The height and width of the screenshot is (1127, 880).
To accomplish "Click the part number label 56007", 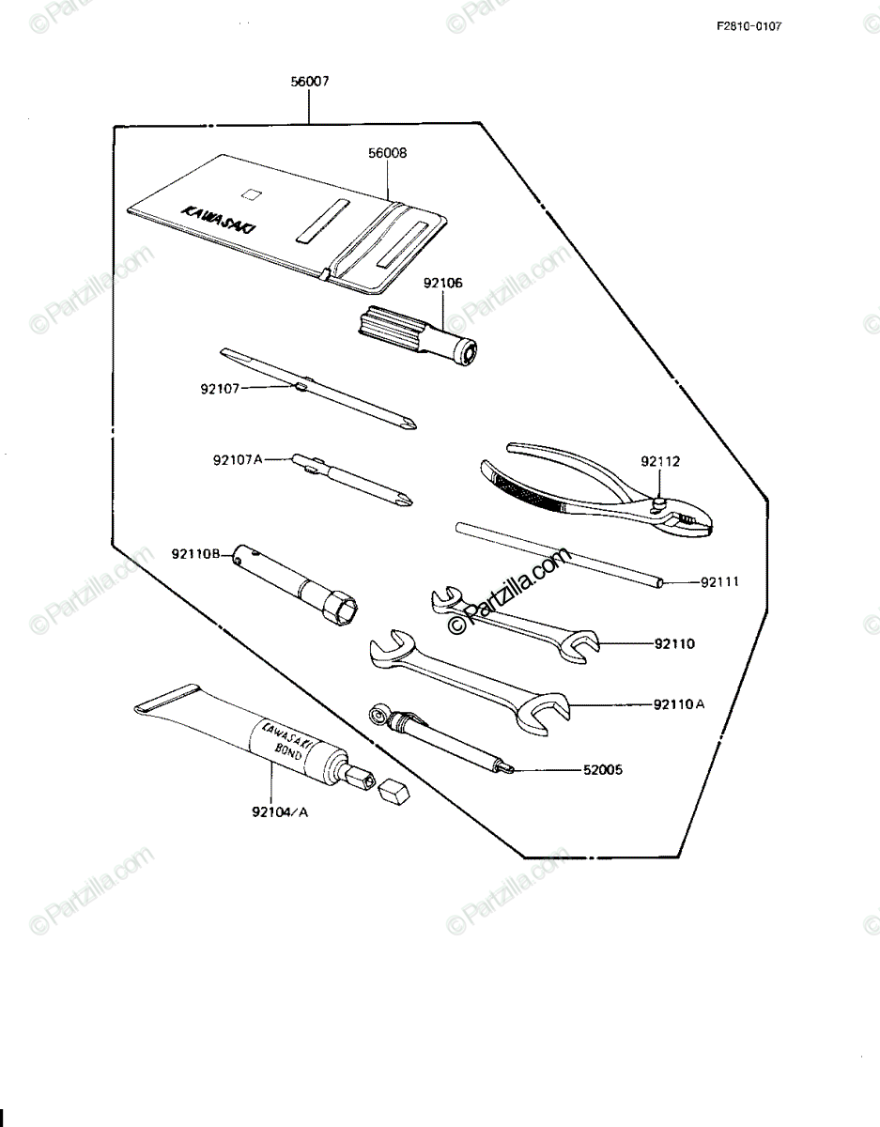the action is pyautogui.click(x=310, y=82).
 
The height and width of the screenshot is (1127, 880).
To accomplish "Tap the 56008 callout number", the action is pyautogui.click(x=387, y=153).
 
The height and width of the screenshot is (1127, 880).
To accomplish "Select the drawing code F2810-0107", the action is pyautogui.click(x=749, y=26).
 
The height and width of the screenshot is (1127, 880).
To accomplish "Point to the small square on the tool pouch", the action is pyautogui.click(x=252, y=193).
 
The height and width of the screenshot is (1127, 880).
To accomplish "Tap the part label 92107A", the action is pyautogui.click(x=238, y=460).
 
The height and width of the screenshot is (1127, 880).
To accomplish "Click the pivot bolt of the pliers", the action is pyautogui.click(x=658, y=503).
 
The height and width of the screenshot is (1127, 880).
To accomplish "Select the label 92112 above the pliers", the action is pyautogui.click(x=660, y=461).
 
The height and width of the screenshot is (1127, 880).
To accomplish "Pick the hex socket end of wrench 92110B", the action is pyautogui.click(x=340, y=610).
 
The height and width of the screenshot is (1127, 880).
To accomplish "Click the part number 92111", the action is pyautogui.click(x=719, y=582).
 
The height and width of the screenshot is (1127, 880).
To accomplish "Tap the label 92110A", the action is pyautogui.click(x=679, y=704).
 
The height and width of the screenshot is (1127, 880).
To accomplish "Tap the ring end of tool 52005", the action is pyautogui.click(x=378, y=717).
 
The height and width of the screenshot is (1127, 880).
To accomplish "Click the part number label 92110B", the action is pyautogui.click(x=196, y=554).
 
